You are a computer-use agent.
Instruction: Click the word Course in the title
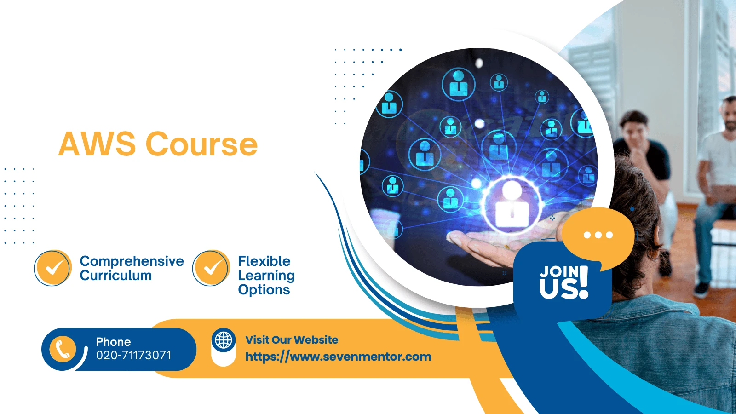201,144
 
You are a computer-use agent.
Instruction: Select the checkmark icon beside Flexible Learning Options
211,268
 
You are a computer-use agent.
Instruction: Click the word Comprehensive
132,262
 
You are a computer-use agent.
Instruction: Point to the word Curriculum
115,276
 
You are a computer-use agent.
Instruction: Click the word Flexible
264,261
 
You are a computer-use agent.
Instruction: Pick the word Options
264,290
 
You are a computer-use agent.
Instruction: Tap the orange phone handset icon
63,349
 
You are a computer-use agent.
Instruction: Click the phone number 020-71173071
133,355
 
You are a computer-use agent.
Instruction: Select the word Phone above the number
113,342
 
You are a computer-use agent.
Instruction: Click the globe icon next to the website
224,340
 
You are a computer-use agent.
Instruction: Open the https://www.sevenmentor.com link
339,357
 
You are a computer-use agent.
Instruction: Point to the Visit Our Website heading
292,340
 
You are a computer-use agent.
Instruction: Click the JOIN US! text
564,282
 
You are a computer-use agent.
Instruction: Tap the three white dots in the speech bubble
598,235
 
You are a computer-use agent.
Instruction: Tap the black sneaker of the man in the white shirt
701,289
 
